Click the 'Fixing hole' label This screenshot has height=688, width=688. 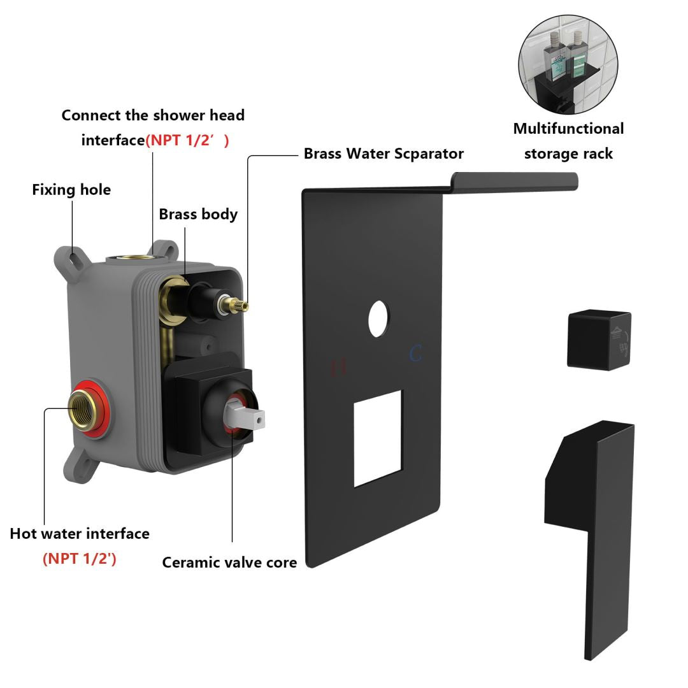click(x=71, y=190)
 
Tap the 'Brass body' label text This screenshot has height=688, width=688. click(x=198, y=214)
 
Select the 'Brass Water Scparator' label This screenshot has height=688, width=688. click(x=383, y=154)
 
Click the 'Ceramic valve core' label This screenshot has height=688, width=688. click(x=229, y=563)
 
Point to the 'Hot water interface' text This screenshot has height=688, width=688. click(x=80, y=534)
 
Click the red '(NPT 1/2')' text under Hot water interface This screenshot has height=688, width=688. click(x=80, y=559)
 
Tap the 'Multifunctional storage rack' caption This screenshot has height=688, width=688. click(x=568, y=141)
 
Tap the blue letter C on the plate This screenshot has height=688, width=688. click(x=416, y=354)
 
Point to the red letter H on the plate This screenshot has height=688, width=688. click(x=340, y=366)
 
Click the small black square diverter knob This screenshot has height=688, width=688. click(x=599, y=340)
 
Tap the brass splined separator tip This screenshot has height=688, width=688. click(x=240, y=303)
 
